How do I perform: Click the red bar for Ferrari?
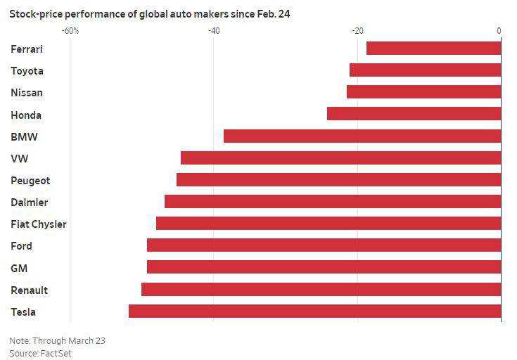click(433, 48)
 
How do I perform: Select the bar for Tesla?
click(314, 311)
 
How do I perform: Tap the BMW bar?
click(362, 136)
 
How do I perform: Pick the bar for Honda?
click(414, 113)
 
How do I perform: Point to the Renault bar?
click(321, 289)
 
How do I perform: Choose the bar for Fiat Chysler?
click(328, 223)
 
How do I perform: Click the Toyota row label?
click(27, 71)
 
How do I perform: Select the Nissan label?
click(27, 93)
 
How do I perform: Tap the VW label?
click(19, 159)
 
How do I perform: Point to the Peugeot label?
click(30, 181)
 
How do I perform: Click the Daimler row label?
click(29, 202)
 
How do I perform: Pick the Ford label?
click(21, 246)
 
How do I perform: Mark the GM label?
click(18, 268)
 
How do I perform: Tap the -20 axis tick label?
click(357, 31)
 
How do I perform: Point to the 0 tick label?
click(499, 31)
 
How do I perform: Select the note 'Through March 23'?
click(57, 340)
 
